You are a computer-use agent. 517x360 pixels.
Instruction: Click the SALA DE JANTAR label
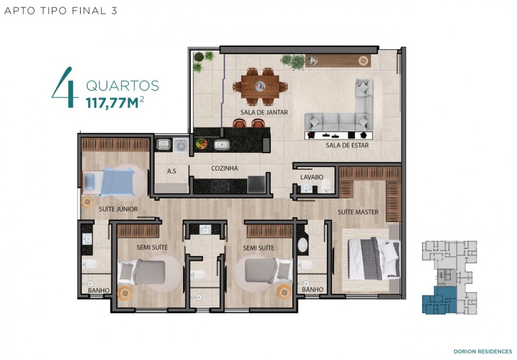point(264,112)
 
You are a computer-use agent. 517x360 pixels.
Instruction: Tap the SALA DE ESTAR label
point(347,146)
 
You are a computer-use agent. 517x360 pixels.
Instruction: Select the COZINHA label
point(224,168)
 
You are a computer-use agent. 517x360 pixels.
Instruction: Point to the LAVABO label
point(312,177)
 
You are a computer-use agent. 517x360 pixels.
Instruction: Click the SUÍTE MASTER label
point(358,212)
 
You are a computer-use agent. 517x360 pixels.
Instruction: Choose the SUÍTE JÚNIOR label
point(118,209)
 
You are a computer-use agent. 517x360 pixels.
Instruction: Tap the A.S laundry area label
point(171,171)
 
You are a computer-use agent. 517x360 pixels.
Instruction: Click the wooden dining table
point(260,86)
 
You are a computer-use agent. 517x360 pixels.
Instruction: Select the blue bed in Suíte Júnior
point(109,182)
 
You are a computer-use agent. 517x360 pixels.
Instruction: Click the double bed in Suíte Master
point(374,258)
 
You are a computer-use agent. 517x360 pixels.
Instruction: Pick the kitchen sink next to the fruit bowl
point(222,145)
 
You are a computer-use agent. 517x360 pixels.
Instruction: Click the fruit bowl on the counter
point(202,143)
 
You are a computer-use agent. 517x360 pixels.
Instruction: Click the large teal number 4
point(64,87)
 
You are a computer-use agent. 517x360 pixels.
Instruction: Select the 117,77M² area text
point(115,102)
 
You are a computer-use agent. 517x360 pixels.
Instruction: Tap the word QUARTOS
point(122,86)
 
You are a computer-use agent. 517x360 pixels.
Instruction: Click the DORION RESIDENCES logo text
point(483,351)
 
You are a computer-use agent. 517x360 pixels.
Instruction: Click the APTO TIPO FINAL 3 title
point(61,11)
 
